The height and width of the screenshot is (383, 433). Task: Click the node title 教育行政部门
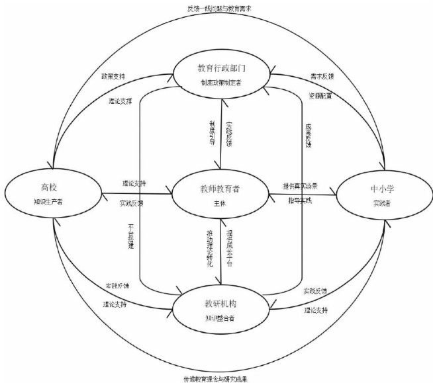[x=222, y=69]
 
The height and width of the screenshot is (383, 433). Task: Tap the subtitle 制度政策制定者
[x=222, y=83]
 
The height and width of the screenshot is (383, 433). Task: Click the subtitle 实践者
[x=379, y=203]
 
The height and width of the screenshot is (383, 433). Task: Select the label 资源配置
[x=320, y=96]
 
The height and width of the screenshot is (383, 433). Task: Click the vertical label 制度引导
[x=212, y=133]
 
